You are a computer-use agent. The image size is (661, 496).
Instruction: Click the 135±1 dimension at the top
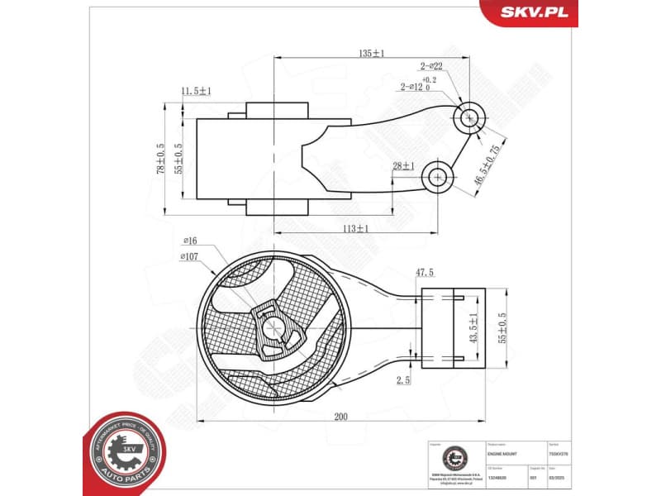[371, 53]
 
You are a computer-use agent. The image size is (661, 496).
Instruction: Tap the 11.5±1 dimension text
[197, 91]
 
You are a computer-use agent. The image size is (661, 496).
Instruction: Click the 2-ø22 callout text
[431, 66]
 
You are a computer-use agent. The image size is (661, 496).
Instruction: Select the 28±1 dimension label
[404, 166]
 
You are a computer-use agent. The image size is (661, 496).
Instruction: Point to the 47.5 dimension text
[424, 272]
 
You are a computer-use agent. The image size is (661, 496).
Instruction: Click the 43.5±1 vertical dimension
[473, 329]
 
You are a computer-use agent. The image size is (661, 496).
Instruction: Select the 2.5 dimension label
[403, 380]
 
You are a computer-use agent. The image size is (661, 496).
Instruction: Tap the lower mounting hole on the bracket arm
[436, 175]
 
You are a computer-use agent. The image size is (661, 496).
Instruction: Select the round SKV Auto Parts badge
[125, 451]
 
